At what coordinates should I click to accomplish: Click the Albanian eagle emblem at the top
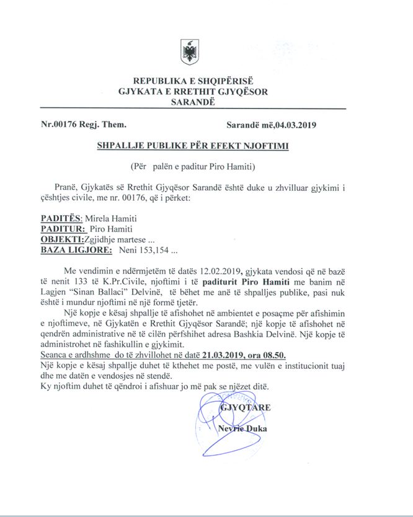point(189,52)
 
